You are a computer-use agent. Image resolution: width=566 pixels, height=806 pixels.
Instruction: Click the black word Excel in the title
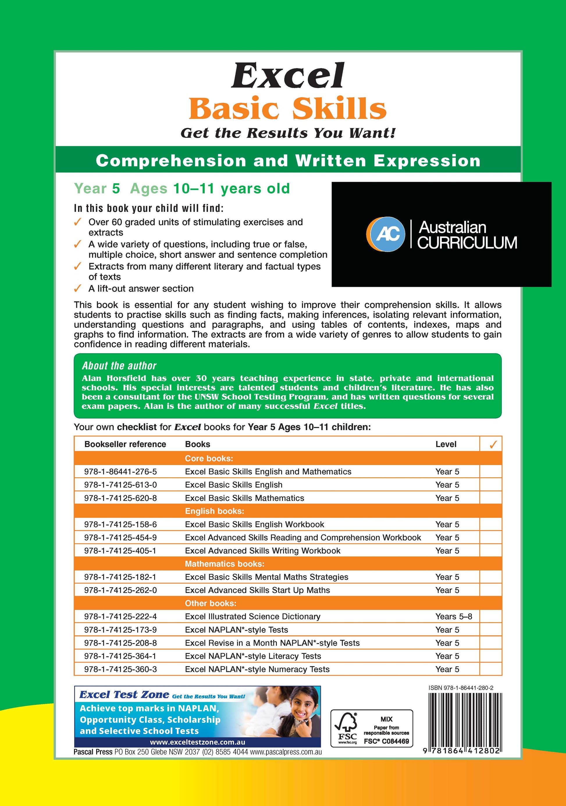click(x=288, y=76)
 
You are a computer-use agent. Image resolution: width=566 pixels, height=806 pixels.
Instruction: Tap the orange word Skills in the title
click(x=339, y=108)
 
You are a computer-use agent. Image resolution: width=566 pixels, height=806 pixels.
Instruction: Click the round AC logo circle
click(x=386, y=234)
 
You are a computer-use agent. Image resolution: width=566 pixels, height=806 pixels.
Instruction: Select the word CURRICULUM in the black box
click(x=467, y=243)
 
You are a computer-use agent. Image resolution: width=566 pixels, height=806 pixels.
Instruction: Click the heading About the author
click(x=119, y=366)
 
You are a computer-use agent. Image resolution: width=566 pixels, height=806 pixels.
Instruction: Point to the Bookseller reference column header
click(x=125, y=444)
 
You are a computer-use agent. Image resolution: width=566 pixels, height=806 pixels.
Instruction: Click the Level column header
click(x=446, y=444)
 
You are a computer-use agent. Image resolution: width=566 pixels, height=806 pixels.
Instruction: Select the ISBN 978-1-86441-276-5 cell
click(x=120, y=471)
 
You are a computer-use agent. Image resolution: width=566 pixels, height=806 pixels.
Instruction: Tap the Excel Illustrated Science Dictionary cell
click(x=252, y=616)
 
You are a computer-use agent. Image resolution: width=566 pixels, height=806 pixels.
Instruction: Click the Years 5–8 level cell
click(x=454, y=616)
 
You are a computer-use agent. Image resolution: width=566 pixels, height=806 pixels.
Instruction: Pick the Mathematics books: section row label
click(x=224, y=564)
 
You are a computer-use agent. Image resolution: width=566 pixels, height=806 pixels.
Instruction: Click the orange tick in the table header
click(x=493, y=444)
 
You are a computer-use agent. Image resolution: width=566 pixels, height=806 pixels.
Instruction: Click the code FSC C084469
click(x=386, y=741)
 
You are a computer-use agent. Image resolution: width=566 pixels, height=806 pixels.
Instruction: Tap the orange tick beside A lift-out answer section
click(x=78, y=289)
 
